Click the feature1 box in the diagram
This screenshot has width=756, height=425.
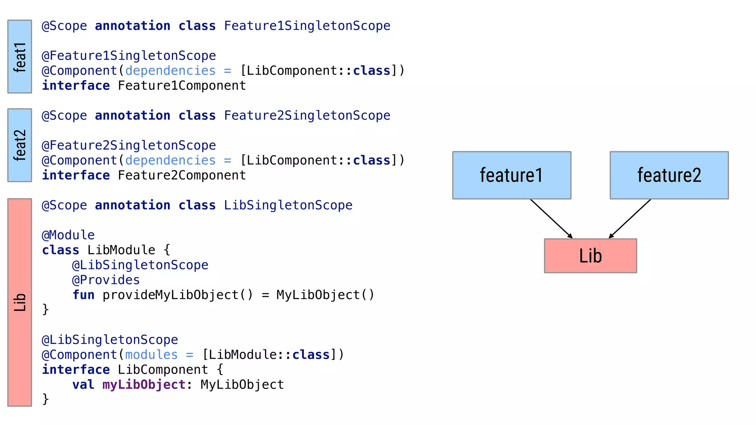[512, 175]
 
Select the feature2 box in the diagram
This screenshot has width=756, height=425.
[669, 175]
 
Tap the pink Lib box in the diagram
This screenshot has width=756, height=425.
[590, 256]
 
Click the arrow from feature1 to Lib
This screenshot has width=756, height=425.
[551, 218]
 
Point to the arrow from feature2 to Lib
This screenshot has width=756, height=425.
[630, 218]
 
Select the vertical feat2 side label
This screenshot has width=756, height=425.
[20, 145]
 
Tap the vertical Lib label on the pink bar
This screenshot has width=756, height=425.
[20, 302]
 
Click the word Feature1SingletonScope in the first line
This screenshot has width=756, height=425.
[307, 26]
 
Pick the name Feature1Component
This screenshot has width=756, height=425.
[182, 86]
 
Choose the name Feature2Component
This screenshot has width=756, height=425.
[182, 175]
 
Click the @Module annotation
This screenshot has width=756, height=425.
[68, 235]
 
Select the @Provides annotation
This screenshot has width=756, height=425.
[106, 280]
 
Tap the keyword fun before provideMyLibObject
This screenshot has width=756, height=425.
[83, 295]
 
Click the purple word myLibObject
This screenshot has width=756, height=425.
[144, 385]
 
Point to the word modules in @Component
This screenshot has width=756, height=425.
[151, 355]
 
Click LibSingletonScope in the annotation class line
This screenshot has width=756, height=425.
[288, 205]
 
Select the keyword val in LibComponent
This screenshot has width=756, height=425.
[83, 385]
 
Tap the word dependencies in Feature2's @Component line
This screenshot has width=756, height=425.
[170, 160]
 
